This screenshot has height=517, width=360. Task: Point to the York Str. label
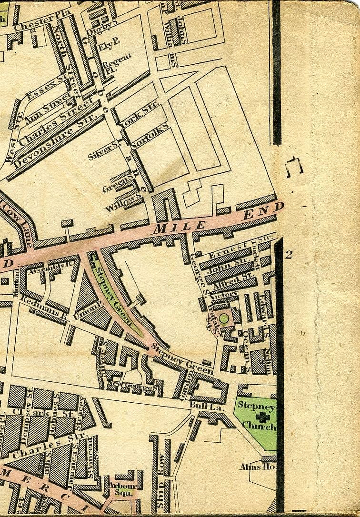point(139,114)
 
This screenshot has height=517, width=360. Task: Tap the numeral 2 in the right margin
point(289,255)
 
